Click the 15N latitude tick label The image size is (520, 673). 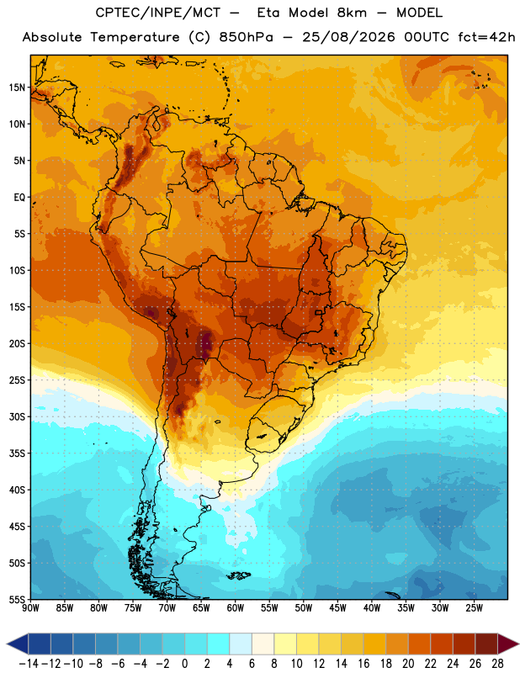coord(17,87)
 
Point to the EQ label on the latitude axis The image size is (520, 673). coord(19,198)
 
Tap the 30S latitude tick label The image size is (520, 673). coord(17,416)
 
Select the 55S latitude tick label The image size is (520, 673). coord(17,600)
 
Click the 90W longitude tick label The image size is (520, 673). coord(30,608)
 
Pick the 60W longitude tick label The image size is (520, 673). coord(236,608)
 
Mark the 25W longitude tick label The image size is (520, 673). coord(474,608)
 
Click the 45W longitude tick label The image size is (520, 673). coord(337,608)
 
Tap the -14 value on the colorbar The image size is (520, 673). coord(29,664)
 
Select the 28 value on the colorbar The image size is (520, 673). coord(497,664)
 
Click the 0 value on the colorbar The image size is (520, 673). coord(184,664)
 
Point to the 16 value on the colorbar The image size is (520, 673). coord(363,664)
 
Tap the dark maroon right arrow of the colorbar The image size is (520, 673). coord(507,644)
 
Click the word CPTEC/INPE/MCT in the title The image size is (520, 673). coord(157,13)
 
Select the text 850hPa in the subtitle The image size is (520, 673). coord(246,37)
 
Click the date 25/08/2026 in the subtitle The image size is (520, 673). coord(348,37)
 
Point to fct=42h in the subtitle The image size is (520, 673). coord(486,37)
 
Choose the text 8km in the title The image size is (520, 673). coord(352,13)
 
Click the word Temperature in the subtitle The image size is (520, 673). coord(135,37)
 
